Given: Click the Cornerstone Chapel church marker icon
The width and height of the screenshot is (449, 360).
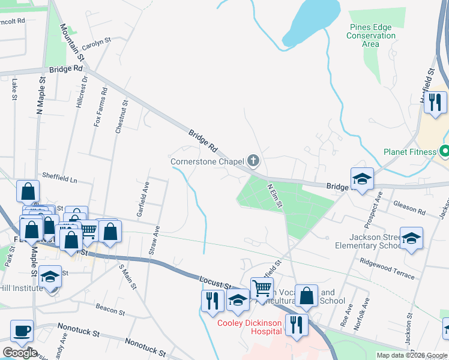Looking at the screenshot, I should [254, 160].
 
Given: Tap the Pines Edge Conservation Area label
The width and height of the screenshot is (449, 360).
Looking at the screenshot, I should [372, 35].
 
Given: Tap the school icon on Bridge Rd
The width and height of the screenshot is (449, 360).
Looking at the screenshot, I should [362, 178].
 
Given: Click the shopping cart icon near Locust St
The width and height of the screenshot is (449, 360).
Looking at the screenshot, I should [262, 289].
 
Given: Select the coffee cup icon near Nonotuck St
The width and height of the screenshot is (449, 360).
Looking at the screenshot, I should [22, 331].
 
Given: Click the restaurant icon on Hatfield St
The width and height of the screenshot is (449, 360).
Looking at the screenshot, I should [435, 102].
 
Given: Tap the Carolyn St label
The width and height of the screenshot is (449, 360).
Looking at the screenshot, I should [97, 43].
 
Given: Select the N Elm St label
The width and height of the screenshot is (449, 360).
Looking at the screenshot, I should [275, 196].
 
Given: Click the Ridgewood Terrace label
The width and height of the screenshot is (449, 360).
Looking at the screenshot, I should [387, 268].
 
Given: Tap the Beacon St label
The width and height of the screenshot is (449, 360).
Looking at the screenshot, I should [110, 309].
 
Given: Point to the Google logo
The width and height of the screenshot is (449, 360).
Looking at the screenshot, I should [19, 352].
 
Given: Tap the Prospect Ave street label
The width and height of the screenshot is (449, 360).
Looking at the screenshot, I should [378, 206].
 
